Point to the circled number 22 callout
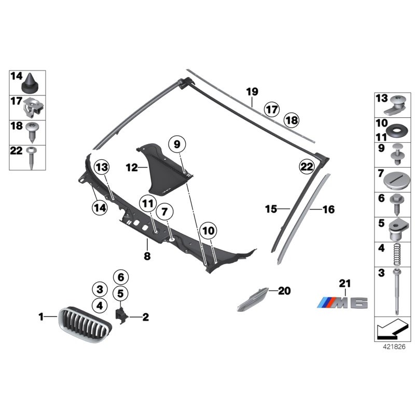tap(307, 167)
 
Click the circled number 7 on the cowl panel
tap(164, 212)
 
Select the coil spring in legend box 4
tap(397, 254)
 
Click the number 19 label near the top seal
tap(252, 92)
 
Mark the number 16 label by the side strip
tap(328, 210)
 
